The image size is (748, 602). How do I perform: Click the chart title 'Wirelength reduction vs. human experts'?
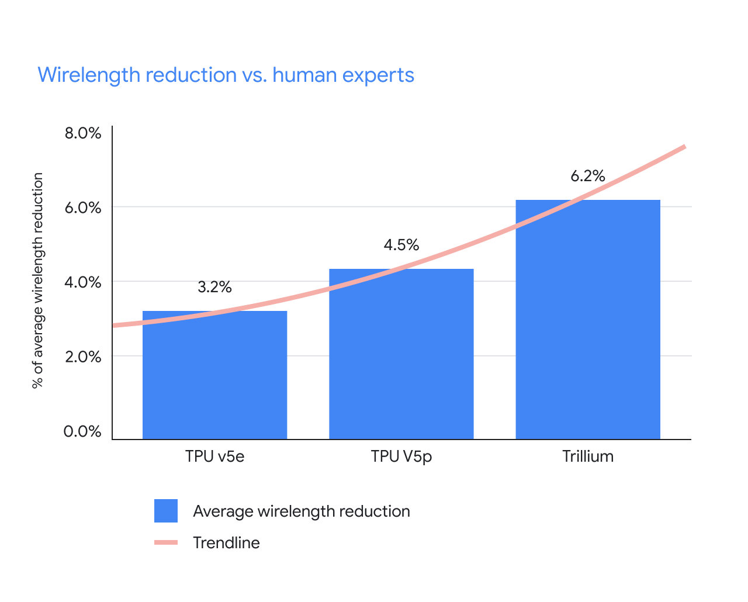[x=226, y=75]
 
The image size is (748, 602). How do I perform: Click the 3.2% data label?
[x=214, y=287]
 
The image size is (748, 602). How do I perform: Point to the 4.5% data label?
[x=401, y=245]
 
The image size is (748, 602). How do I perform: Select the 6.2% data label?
[x=587, y=176]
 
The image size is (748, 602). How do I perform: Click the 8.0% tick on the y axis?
[x=82, y=133]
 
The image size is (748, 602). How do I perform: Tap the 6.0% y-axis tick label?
[x=82, y=207]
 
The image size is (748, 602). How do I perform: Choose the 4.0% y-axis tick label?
[x=82, y=282]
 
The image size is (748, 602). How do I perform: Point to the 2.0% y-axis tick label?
[x=82, y=357]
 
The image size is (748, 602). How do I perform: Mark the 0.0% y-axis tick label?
[x=82, y=431]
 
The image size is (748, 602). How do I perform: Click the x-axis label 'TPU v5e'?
[x=214, y=456]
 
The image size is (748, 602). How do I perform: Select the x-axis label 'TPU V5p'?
[x=401, y=456]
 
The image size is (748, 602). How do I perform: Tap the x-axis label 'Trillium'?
[x=587, y=456]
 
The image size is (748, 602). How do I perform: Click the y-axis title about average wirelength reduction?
[x=38, y=281]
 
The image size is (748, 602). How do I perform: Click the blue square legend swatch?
[x=166, y=511]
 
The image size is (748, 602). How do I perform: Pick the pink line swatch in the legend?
[x=166, y=543]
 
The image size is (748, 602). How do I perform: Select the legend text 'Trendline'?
[x=226, y=543]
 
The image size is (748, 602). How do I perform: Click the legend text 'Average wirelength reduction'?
[x=301, y=511]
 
